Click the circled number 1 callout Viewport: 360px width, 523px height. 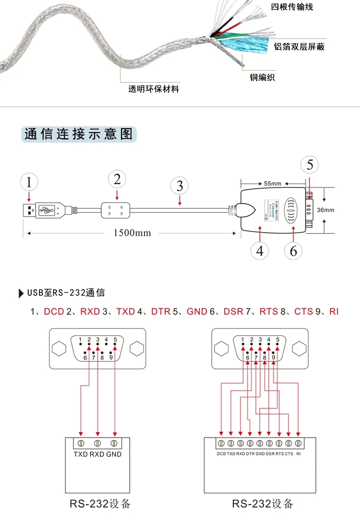click(x=30, y=182)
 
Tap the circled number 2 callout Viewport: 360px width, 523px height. click(x=117, y=179)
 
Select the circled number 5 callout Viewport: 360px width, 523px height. click(x=310, y=165)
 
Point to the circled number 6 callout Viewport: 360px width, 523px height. click(x=293, y=250)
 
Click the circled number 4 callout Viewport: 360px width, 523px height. click(x=260, y=250)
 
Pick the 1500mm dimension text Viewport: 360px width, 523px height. click(x=132, y=233)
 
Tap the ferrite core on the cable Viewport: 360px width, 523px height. click(x=116, y=209)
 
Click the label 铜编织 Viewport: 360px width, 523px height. click(x=262, y=77)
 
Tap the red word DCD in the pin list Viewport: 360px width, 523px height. click(x=54, y=312)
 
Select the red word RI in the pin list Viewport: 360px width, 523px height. click(x=334, y=312)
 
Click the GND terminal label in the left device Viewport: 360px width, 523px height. click(x=114, y=454)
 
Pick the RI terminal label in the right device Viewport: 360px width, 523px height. click(x=299, y=453)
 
